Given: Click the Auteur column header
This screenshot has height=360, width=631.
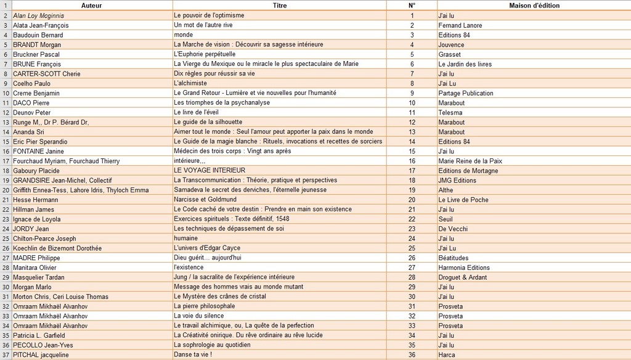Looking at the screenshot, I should click(x=91, y=6).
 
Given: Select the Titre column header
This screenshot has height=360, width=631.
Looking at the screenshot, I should click(x=279, y=6).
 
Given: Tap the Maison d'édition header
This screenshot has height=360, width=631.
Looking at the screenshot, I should click(x=534, y=6).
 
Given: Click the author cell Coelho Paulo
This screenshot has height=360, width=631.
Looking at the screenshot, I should click(x=31, y=83).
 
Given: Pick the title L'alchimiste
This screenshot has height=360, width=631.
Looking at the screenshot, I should click(x=190, y=83).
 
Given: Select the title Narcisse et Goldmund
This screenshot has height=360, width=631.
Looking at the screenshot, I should click(x=205, y=200).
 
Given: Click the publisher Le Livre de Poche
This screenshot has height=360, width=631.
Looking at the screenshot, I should click(x=463, y=200).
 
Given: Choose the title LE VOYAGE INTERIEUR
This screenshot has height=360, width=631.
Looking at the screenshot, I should click(x=210, y=170).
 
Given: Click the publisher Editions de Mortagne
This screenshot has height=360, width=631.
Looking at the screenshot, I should click(x=468, y=171).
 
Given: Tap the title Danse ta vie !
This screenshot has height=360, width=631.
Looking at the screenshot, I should click(x=193, y=354).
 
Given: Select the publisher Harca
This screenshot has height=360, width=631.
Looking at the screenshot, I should click(x=447, y=355).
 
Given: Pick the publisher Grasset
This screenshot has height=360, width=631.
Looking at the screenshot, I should click(x=449, y=54).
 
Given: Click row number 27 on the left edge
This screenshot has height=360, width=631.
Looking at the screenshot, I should click(x=5, y=258).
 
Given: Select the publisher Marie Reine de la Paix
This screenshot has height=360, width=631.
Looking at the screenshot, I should click(x=470, y=161).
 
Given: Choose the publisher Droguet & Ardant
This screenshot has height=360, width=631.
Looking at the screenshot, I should click(x=462, y=277).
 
